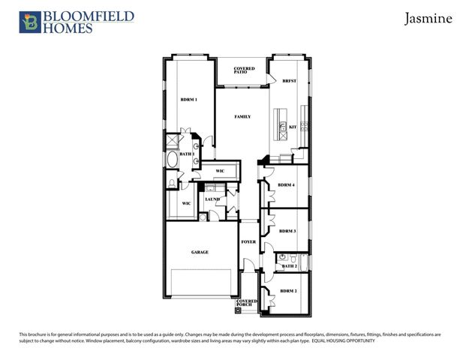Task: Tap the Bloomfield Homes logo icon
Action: tap(29, 22)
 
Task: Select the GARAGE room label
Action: tap(199, 252)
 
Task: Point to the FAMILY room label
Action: tap(242, 117)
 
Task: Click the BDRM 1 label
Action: tap(188, 100)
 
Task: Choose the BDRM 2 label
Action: tap(289, 291)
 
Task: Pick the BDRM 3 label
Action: tap(287, 232)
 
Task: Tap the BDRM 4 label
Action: tap(286, 184)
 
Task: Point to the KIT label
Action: tap(293, 127)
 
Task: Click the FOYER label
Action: tap(248, 242)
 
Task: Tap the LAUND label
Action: tap(212, 199)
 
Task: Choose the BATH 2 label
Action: tap(290, 266)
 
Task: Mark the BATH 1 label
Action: tap(186, 154)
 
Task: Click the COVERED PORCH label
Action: tap(247, 302)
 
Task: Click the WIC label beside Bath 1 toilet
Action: tap(185, 203)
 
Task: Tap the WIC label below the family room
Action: tap(220, 171)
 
